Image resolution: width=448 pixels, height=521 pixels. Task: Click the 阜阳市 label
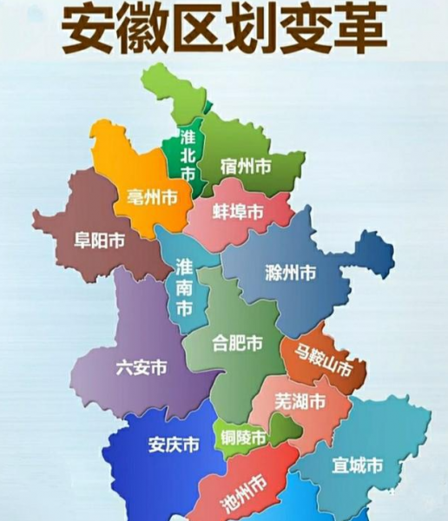tap(99, 241)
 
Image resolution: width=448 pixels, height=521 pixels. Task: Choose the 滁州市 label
tap(290, 273)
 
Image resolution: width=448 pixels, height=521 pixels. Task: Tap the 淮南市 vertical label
tap(184, 286)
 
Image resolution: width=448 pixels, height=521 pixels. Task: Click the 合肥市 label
tap(238, 343)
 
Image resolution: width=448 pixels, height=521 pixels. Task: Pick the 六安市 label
tap(142, 367)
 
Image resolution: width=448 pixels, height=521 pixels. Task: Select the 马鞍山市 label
tap(323, 361)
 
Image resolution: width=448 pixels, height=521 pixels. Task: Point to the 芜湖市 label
tap(300, 402)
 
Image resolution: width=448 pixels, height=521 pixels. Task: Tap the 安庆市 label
tap(173, 445)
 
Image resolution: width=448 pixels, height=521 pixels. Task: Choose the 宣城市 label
tap(357, 465)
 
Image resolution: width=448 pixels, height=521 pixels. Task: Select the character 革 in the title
tap(356, 31)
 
